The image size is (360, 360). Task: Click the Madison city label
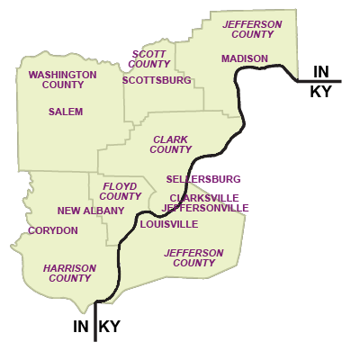point(245,58)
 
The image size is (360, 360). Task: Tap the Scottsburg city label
point(157,80)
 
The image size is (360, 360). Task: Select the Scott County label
point(149,58)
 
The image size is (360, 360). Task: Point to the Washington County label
point(63,79)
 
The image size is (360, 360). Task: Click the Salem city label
point(66,112)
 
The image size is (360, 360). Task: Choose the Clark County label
point(171,144)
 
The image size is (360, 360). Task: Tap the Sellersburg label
point(203,179)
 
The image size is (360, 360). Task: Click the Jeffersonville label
point(205,208)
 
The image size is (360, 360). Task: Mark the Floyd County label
point(121,191)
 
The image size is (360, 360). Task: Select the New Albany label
point(91,211)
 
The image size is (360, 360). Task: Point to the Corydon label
point(53,230)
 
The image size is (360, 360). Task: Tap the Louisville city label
point(169,224)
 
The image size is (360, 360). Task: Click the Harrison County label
point(69,273)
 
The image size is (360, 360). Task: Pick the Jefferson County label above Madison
point(252,29)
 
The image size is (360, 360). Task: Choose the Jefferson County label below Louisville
point(193,257)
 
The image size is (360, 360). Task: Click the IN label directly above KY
point(321,71)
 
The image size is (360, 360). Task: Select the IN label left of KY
point(81,327)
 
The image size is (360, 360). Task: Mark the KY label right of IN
point(110,327)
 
